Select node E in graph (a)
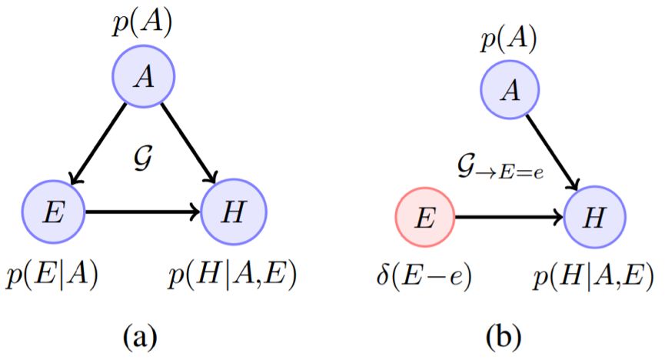tap(54, 211)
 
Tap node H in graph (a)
tap(233, 211)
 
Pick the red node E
tap(424, 218)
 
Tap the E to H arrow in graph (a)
tap(143, 211)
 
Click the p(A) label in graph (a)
tap(144, 23)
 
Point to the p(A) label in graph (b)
tap(510, 38)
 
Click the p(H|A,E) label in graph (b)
tap(591, 278)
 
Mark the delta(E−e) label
tap(424, 278)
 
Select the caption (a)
tap(143, 335)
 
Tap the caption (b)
tap(508, 335)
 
